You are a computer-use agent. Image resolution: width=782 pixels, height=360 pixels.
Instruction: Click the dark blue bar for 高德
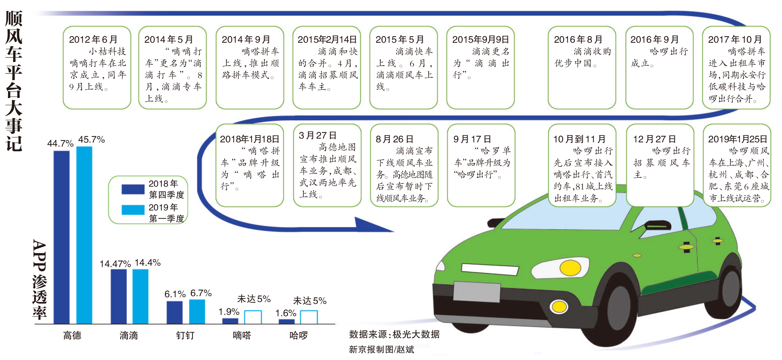pos(61,237)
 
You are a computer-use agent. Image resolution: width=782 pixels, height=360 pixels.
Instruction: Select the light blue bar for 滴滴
pos(140,296)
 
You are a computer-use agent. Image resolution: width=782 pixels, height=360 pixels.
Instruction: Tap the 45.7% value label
pos(91,139)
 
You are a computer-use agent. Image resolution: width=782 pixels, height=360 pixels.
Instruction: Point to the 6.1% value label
pos(175,294)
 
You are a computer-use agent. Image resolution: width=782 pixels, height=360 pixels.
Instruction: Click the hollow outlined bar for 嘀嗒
pos(253,317)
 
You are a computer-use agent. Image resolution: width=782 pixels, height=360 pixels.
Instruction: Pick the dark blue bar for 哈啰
pos(287,322)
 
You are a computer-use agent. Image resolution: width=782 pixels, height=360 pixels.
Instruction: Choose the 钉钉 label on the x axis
pos(185,335)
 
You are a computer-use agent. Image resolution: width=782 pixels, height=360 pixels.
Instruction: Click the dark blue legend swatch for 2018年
pos(133,189)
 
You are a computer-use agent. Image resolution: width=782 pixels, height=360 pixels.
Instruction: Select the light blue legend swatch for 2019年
pos(133,210)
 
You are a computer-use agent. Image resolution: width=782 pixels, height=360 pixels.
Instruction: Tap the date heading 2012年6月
pos(93,40)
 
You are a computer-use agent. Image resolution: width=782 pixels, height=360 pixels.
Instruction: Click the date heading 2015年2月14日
pos(327,40)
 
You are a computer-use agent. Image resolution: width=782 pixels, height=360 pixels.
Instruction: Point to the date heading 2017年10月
pos(735,40)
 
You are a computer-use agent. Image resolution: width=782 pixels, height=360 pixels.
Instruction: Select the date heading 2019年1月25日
pos(737,139)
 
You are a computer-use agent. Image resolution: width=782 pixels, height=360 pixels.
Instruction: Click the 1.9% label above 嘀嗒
pos(229,311)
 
